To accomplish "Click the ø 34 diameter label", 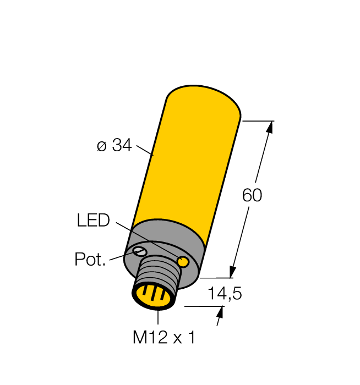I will tap(114, 146).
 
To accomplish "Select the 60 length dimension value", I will tap(252, 196).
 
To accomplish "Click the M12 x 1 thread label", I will tap(163, 337).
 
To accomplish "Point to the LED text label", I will tap(93, 221).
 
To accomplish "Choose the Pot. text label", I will tap(90, 260).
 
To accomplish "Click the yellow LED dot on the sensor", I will tap(184, 262).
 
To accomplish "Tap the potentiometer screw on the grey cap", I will tap(140, 252).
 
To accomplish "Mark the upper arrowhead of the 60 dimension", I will tap(269, 127).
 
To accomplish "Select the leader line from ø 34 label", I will tap(144, 150).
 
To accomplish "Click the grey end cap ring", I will tap(165, 231).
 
